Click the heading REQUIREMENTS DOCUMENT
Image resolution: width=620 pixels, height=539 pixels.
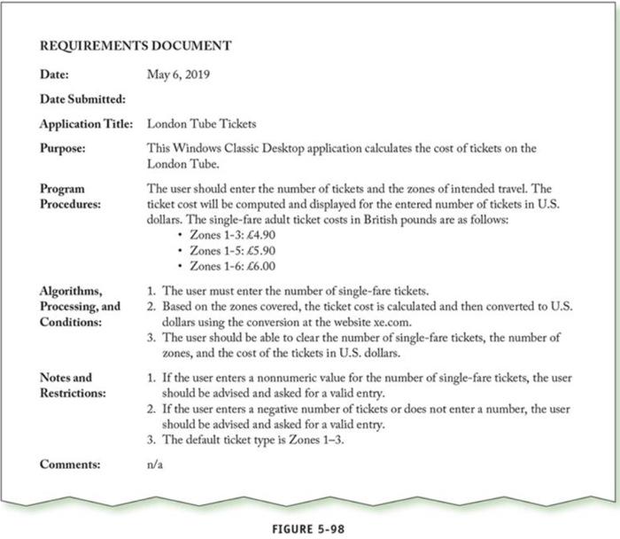[x=136, y=45]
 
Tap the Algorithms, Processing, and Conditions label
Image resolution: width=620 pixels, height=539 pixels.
[x=80, y=306]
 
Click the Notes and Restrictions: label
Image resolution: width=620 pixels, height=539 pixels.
[x=71, y=385]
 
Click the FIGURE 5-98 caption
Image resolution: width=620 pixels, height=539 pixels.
[x=308, y=528]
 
